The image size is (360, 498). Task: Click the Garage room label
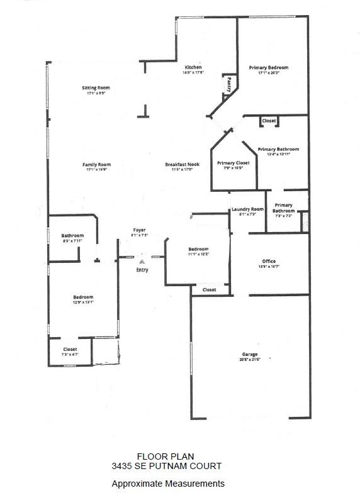(x=249, y=354)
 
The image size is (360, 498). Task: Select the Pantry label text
(x=229, y=84)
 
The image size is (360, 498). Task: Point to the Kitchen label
(x=193, y=67)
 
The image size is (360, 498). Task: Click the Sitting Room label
(x=96, y=87)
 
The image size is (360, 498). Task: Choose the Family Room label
(x=96, y=165)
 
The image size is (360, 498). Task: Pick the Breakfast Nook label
(x=179, y=165)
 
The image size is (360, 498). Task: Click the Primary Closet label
(x=233, y=163)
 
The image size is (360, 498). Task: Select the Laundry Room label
(x=247, y=209)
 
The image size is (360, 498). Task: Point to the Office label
(x=269, y=261)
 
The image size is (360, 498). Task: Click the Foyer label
(x=139, y=230)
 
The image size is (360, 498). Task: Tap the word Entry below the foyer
(x=142, y=270)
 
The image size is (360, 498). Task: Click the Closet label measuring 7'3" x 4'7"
(x=70, y=350)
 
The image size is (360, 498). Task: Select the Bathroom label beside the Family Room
(x=72, y=235)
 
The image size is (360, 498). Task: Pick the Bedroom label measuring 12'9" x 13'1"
(x=83, y=297)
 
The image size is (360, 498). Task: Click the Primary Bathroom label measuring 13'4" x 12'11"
(x=278, y=149)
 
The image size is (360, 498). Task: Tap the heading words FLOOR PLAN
(x=166, y=456)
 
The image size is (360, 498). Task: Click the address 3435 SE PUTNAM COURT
(x=166, y=466)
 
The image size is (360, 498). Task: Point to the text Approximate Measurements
(x=167, y=484)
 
